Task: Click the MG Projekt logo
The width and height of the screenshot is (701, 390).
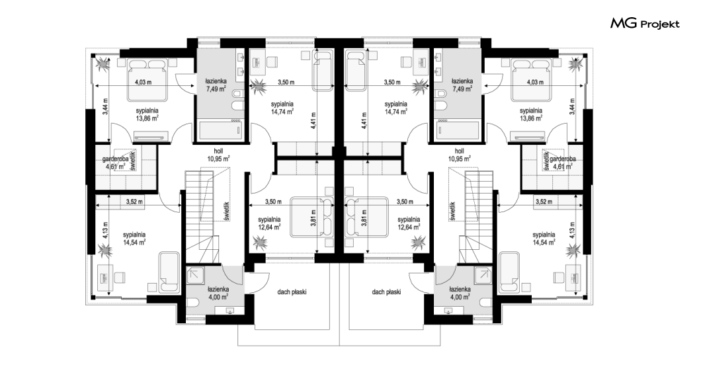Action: [x=645, y=24]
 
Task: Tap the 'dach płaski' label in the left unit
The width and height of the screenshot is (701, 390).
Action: [x=292, y=292]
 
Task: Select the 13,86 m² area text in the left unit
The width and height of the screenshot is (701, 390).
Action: [x=147, y=118]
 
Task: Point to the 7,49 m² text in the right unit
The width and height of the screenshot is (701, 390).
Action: [x=462, y=89]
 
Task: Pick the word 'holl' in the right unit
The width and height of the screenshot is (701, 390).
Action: [x=459, y=151]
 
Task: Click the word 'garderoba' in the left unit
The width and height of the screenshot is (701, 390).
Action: [x=115, y=159]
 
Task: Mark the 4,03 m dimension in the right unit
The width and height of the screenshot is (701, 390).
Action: [x=535, y=82]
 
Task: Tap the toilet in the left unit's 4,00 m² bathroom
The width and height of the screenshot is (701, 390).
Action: [x=192, y=303]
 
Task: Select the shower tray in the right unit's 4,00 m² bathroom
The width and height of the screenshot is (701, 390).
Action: [x=482, y=276]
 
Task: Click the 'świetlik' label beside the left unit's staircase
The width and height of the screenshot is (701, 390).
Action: [x=227, y=211]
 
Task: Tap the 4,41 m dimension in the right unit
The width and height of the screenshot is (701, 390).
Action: [x=364, y=120]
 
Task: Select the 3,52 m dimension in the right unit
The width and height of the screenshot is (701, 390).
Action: [x=544, y=202]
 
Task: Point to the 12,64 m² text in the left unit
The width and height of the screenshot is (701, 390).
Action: [x=269, y=227]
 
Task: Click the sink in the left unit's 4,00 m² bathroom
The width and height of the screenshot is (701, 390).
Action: [x=231, y=311]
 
